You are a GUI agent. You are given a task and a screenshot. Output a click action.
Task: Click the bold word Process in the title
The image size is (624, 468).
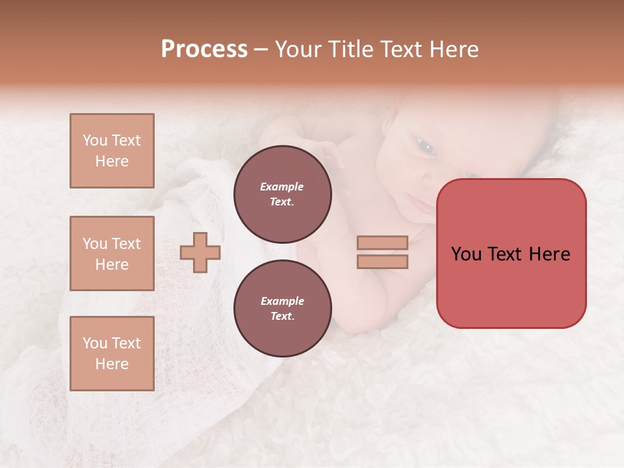[204, 49]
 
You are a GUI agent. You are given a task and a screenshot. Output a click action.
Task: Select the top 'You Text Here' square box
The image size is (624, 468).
[112, 151]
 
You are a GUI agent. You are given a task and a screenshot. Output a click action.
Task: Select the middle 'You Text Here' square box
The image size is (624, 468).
[112, 253]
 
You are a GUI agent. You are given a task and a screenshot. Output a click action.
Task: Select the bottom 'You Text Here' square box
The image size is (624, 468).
[112, 354]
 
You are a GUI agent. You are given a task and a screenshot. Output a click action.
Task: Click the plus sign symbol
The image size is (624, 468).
[200, 252]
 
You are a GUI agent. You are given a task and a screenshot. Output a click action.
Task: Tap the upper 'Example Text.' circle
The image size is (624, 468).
[283, 194]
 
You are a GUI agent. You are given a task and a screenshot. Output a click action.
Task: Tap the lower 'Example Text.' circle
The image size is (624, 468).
[283, 308]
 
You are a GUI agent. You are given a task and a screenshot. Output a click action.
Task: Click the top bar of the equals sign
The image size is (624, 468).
[382, 242]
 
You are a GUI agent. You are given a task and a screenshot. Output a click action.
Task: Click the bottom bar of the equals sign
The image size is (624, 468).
[382, 261]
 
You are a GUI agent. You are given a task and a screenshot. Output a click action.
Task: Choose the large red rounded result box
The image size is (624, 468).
[511, 253]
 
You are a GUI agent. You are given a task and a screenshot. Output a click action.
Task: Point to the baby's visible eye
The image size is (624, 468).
[426, 148]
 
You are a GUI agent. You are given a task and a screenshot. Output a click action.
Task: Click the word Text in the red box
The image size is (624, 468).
[504, 254]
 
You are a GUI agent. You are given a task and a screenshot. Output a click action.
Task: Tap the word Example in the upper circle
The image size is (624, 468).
[282, 187]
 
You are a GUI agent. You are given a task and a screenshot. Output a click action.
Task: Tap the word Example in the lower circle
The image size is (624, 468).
[282, 301]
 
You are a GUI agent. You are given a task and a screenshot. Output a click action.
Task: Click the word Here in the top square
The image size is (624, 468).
[112, 161]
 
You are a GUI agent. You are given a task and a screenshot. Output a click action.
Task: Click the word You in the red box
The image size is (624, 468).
[467, 254]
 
